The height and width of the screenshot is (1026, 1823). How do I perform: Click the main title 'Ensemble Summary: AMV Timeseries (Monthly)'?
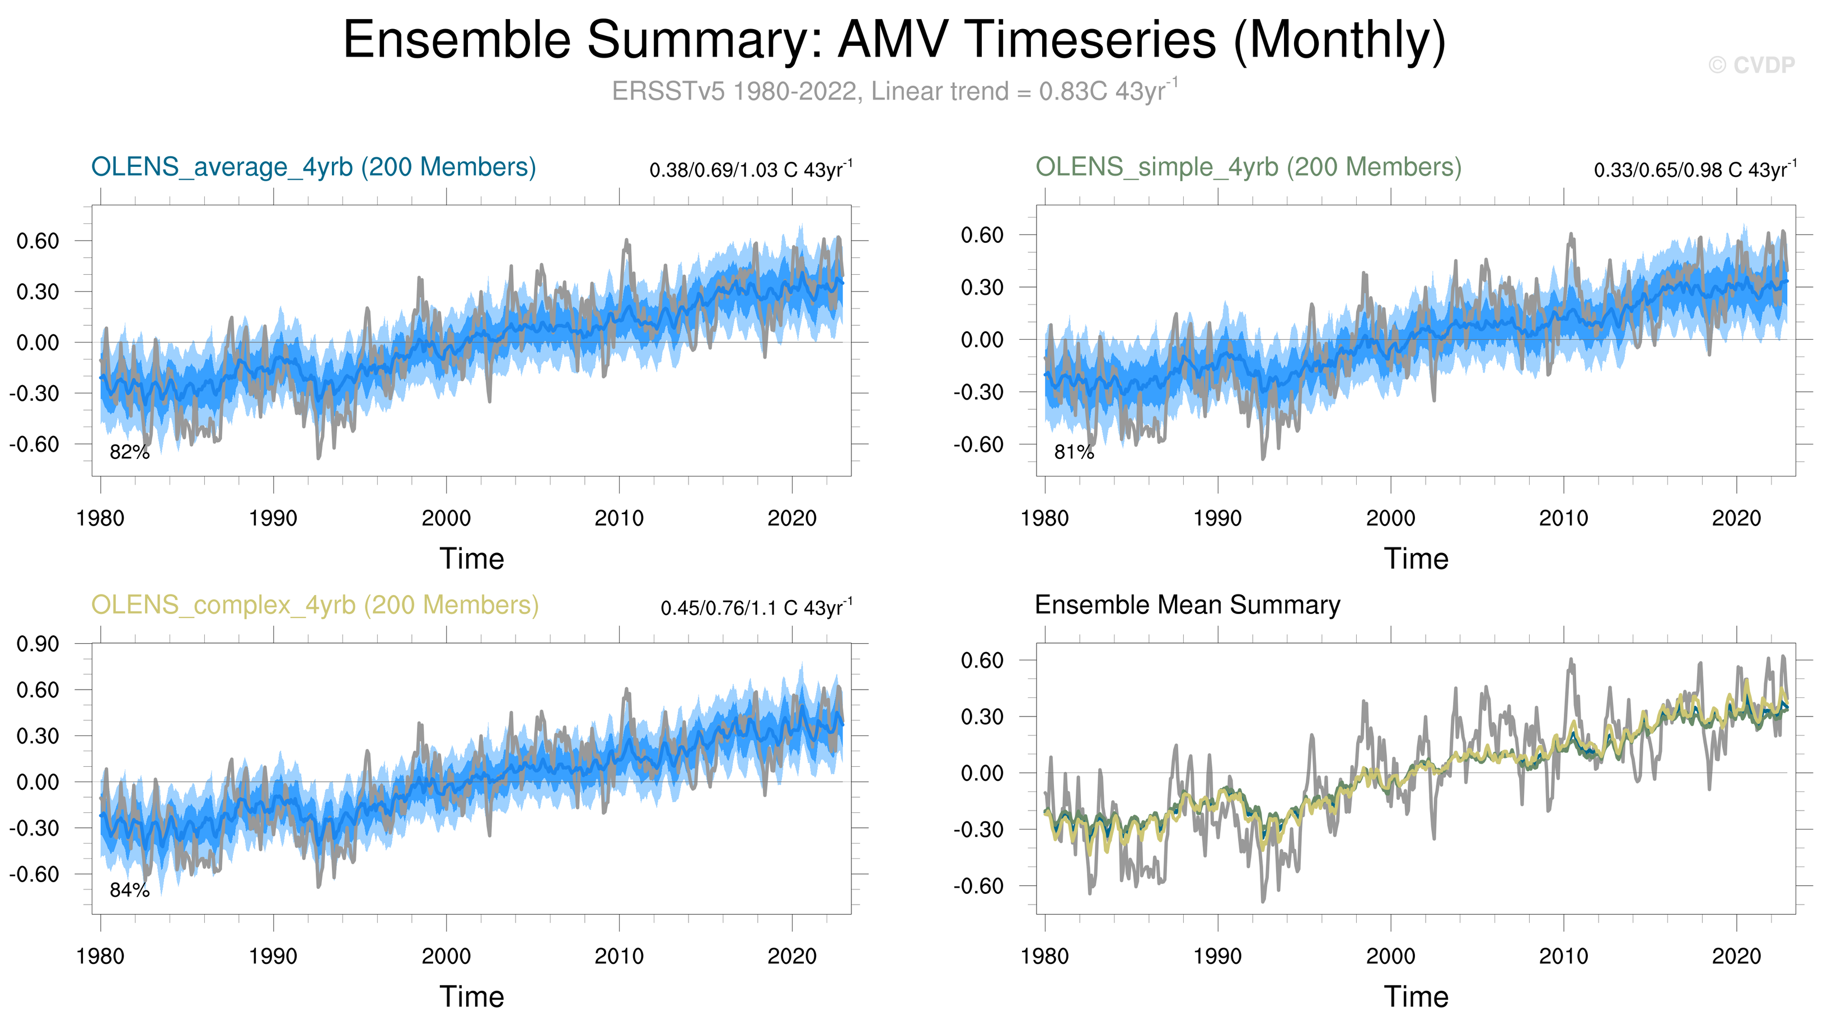[894, 40]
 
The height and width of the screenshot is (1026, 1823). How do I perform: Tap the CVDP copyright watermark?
[1751, 65]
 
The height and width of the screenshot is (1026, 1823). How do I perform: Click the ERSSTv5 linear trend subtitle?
[894, 91]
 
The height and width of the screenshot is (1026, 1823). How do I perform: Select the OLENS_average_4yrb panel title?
[313, 167]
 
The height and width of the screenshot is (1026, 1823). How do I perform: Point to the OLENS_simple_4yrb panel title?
[1248, 167]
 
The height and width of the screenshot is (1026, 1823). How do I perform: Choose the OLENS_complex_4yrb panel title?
[315, 605]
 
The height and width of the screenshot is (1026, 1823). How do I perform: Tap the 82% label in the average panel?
[129, 452]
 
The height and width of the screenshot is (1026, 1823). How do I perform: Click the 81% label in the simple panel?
[1074, 452]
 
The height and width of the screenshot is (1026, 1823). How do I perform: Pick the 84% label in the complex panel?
[129, 890]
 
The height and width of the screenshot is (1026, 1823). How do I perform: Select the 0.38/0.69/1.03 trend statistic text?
[750, 170]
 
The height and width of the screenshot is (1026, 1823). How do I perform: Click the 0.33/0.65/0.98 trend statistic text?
[1694, 170]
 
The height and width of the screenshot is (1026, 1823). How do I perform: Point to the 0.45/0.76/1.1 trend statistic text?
[756, 608]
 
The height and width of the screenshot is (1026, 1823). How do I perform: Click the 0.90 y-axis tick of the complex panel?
[38, 644]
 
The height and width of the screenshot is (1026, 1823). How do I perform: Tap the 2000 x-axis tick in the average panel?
[446, 519]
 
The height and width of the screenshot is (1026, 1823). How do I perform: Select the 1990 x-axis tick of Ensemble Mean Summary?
[1217, 957]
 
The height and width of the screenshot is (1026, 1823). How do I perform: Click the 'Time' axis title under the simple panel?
[1416, 559]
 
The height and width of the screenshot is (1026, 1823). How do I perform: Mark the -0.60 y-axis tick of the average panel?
[34, 444]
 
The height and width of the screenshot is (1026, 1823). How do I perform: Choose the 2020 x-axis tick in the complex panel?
[792, 957]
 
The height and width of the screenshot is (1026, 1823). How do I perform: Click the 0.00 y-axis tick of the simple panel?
[982, 340]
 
